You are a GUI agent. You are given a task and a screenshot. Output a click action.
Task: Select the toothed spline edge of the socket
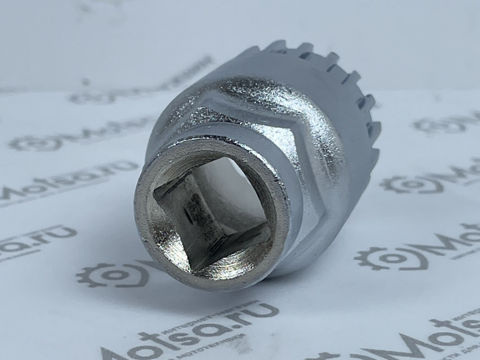pyautogui.click(x=336, y=78)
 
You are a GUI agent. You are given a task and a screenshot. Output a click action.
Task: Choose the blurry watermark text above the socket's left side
pyautogui.click(x=129, y=94)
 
